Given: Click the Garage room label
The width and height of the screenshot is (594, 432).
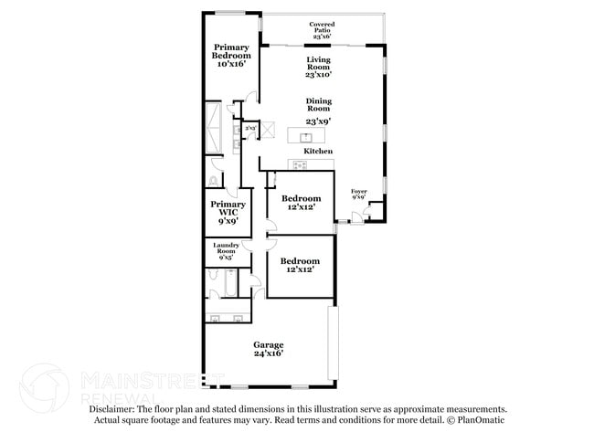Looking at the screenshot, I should point(268,344).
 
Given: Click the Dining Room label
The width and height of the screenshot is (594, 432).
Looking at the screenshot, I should point(317,103).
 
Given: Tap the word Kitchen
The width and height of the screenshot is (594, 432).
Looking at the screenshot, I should point(317,151).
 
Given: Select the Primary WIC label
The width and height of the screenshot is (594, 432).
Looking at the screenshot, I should point(228,209).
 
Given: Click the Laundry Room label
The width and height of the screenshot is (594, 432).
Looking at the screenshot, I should point(226,248).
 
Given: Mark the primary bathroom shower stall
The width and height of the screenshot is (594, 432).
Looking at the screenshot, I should point(215,128).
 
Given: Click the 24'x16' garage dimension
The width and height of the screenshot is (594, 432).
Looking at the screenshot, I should point(268,353).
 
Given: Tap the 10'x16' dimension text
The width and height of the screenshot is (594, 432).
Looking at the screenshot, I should point(231,65).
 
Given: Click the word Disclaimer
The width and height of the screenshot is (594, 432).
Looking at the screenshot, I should point(112,410).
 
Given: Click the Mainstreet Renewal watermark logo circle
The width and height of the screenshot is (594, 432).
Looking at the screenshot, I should point(44,388).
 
